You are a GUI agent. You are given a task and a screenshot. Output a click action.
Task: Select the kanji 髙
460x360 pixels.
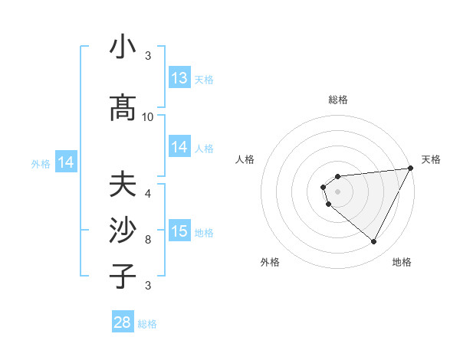click(123, 110)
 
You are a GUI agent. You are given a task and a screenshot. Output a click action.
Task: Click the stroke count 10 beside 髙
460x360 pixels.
click(148, 117)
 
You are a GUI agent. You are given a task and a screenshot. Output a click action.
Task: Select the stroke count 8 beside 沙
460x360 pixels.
click(148, 239)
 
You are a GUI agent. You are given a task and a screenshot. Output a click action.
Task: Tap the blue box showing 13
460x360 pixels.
click(179, 78)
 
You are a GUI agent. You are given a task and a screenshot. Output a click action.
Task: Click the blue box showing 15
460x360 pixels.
click(179, 231)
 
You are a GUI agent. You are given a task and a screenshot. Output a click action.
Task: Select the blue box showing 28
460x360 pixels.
click(123, 322)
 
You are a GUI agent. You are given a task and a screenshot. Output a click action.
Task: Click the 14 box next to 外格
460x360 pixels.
click(66, 162)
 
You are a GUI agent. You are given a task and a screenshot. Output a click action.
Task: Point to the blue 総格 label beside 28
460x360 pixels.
click(147, 324)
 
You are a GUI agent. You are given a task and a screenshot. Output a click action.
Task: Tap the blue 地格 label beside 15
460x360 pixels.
click(204, 233)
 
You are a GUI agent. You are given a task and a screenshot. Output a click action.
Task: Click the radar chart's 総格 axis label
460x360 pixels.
click(338, 100)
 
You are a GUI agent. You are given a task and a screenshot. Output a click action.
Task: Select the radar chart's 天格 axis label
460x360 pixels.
click(431, 159)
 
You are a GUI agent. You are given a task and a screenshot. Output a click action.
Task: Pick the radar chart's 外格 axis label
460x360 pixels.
click(270, 262)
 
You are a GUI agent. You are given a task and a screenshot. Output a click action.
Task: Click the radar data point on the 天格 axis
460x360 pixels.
click(411, 169)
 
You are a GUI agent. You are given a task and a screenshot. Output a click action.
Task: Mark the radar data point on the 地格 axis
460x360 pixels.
click(373, 242)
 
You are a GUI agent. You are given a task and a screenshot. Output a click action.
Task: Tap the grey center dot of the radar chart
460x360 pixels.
click(338, 191)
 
